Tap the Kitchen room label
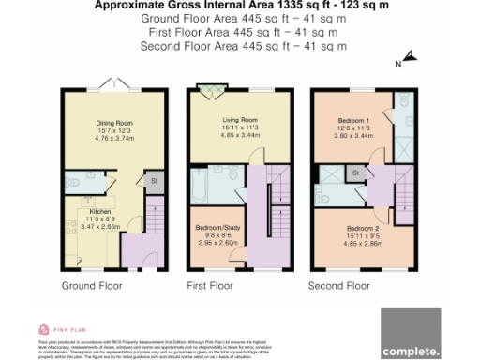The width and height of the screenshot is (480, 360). coord(100,212)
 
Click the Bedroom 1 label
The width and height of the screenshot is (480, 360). coord(354,122)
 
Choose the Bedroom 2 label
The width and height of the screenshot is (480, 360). coord(361,228)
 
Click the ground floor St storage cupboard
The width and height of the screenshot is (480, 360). coord(152,180)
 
